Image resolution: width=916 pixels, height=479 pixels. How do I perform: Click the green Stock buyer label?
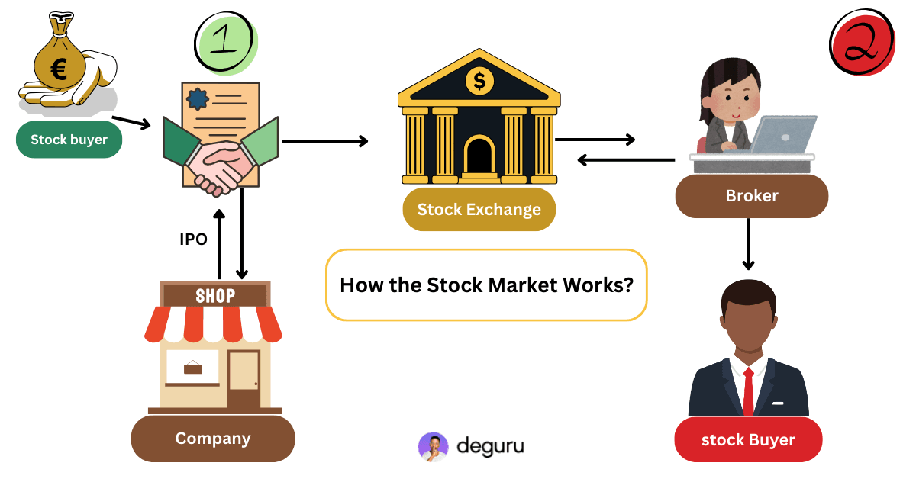point(69,140)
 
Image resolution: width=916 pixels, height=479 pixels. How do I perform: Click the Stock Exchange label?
point(479,210)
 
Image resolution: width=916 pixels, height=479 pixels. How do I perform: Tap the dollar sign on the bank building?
point(479,79)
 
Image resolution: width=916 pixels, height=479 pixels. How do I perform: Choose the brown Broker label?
point(751,196)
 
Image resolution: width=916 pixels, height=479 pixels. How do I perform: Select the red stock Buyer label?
point(748,440)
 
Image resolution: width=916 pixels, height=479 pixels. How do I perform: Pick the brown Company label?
point(213,439)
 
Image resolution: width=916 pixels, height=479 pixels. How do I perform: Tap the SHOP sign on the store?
point(215,295)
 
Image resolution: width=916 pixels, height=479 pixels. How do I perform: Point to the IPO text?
point(193,239)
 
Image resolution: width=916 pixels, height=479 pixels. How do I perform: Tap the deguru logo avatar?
point(433,447)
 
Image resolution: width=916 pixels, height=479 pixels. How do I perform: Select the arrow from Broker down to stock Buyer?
point(749,244)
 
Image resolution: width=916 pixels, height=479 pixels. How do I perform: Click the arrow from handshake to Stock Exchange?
point(325,140)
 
